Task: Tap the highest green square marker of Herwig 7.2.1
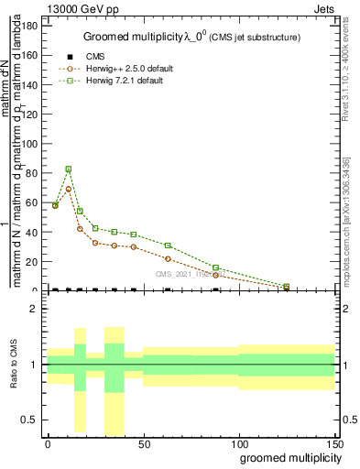coord(69,169)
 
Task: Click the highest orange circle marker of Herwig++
coord(69,190)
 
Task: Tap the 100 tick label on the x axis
coord(238,443)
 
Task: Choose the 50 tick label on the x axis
coord(143,443)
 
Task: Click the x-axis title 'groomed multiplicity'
coord(288,457)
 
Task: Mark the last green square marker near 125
coord(287,287)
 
